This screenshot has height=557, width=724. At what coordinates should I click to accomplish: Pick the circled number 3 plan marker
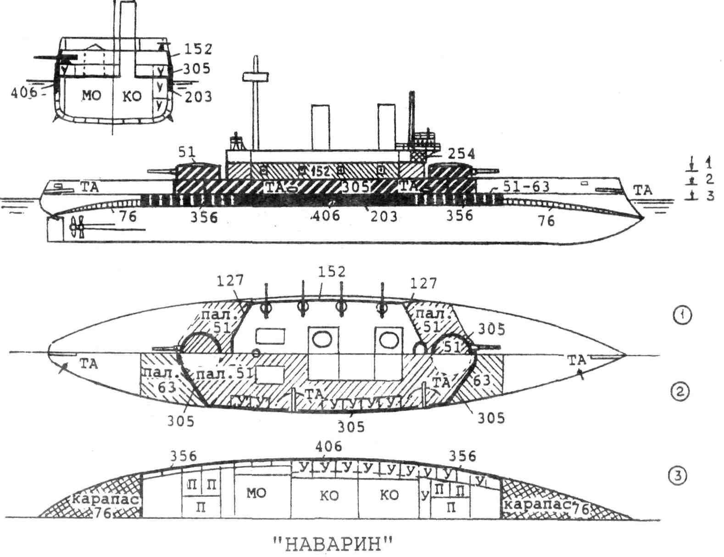679,476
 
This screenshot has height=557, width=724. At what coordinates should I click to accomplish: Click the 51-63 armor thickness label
526,186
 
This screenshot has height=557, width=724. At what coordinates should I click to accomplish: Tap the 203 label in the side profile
383,215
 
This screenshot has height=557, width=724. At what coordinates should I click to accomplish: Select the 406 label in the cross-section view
24,93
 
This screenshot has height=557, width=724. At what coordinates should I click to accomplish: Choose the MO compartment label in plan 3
256,493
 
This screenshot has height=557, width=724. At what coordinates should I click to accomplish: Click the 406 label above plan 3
329,446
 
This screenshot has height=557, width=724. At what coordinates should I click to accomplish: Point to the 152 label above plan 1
332,271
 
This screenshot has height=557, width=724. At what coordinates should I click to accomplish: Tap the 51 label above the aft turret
188,152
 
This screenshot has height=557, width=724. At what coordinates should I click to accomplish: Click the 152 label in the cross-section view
198,49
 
